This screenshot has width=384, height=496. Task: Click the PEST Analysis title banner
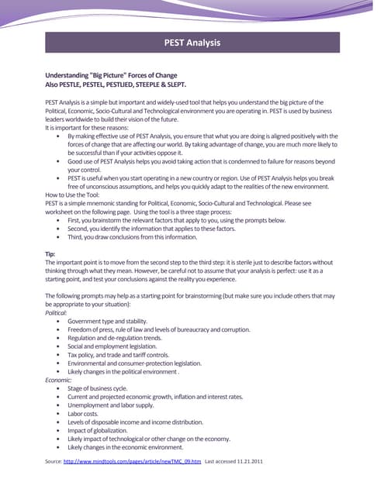click(192, 42)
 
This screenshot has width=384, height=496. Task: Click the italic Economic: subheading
click(59, 380)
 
